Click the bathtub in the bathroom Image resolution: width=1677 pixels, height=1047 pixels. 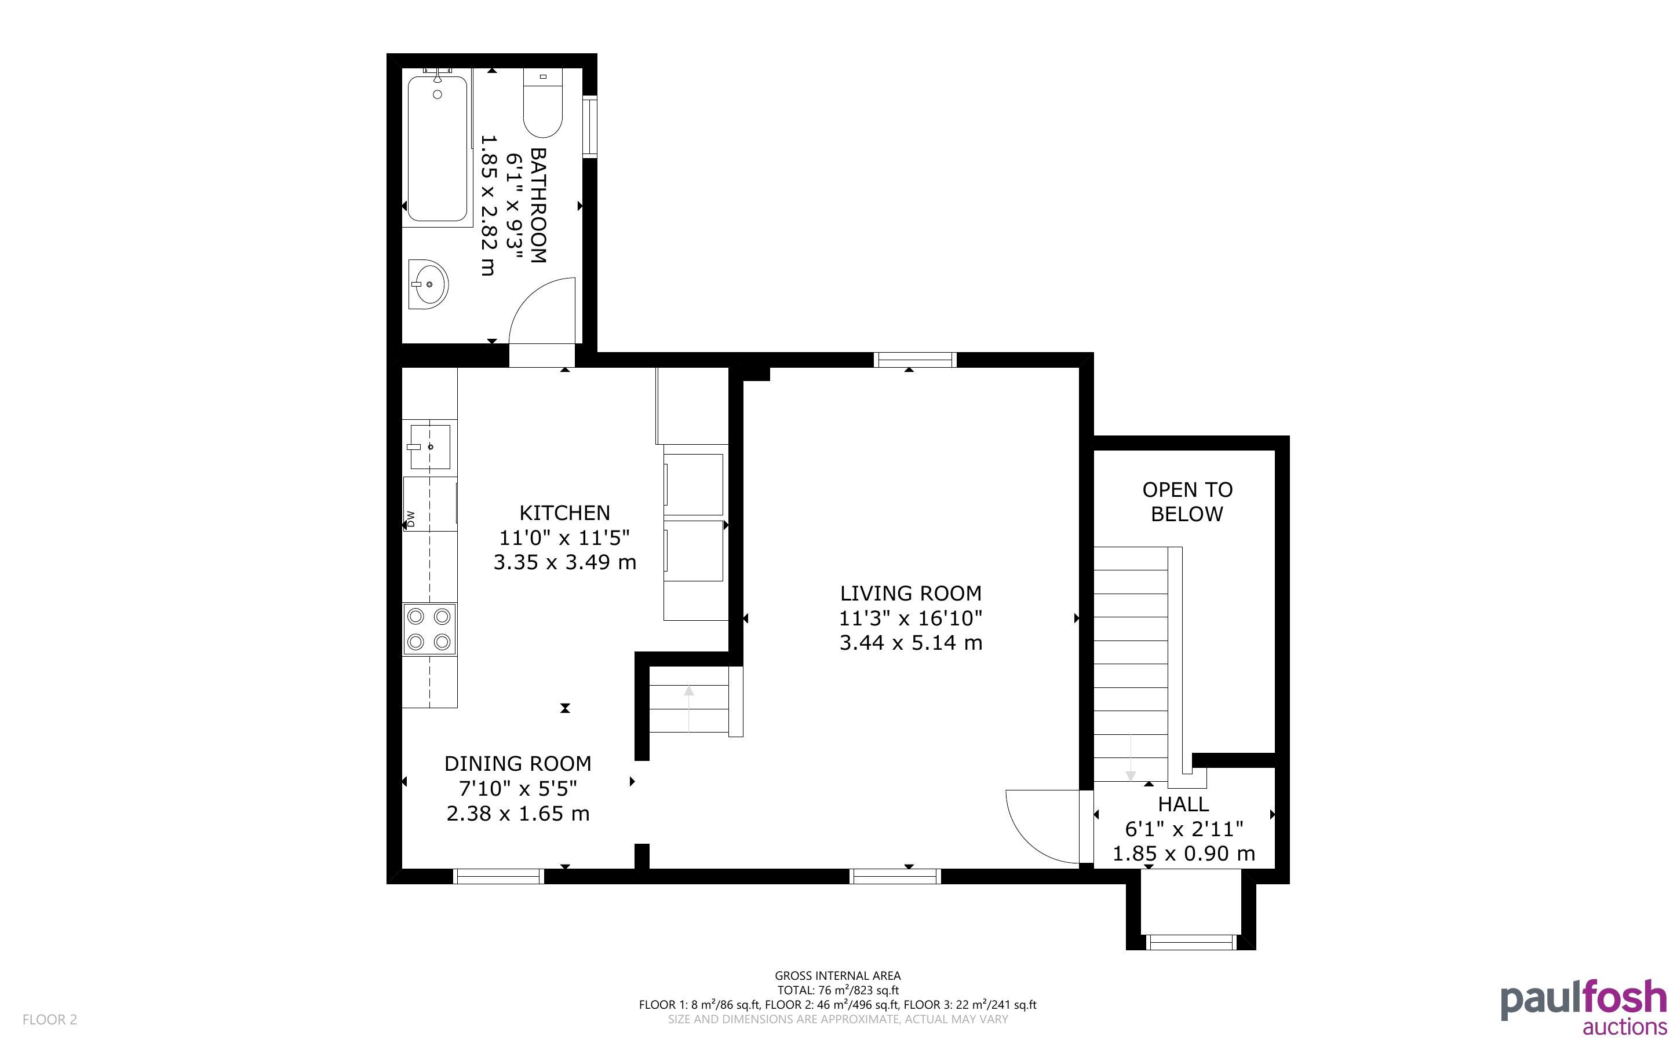point(437,148)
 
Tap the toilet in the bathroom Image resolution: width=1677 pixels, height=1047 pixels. point(542,103)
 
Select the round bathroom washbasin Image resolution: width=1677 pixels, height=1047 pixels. point(428,284)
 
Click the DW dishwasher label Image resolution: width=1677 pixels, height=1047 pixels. point(410,519)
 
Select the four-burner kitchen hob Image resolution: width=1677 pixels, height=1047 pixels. point(429,629)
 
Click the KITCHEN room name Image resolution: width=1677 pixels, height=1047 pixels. point(564,512)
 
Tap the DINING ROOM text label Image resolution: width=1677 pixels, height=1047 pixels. point(517,763)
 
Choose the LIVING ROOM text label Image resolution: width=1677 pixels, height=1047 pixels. point(910,593)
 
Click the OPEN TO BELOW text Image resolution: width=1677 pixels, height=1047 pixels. point(1187,501)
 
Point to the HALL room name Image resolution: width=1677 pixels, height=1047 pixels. point(1184,804)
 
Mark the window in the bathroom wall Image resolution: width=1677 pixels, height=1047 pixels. point(589,127)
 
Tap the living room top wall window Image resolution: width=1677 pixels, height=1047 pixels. point(914,360)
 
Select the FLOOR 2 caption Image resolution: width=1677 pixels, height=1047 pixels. point(50,1019)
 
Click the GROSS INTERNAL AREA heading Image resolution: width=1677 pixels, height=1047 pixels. point(837,976)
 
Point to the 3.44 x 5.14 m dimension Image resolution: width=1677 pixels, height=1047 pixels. point(910,643)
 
